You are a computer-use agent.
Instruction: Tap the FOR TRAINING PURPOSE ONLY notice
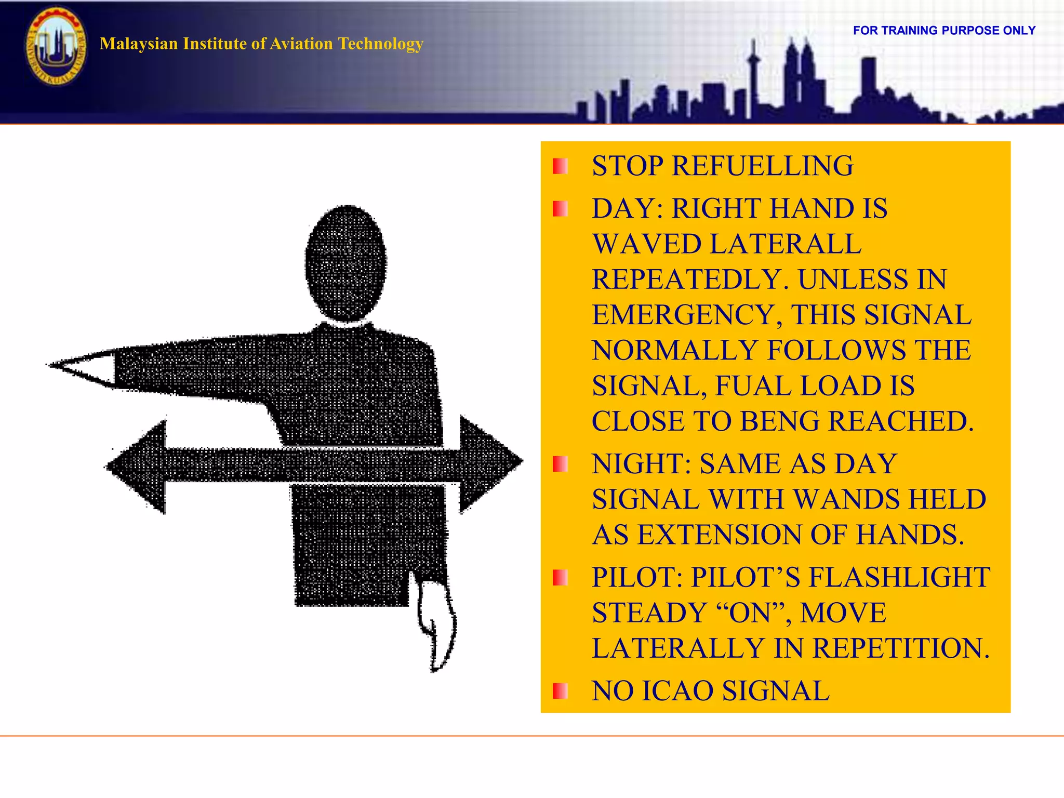[x=944, y=31]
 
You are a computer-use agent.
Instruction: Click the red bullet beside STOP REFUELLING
[x=560, y=166]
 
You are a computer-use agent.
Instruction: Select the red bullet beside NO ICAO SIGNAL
[x=560, y=691]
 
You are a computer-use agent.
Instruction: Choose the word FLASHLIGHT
[x=899, y=577]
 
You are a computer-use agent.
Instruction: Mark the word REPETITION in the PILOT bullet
[x=901, y=648]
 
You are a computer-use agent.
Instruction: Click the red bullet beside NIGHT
[x=560, y=464]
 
